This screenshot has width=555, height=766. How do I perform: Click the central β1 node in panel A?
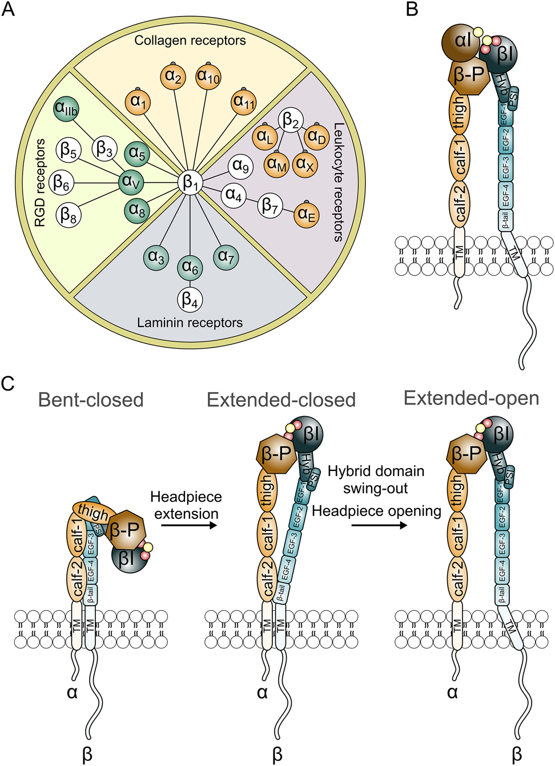pyautogui.click(x=190, y=183)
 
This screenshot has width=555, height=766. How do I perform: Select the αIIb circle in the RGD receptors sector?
pyautogui.click(x=66, y=108)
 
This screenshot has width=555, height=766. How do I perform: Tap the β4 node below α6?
pyautogui.click(x=190, y=299)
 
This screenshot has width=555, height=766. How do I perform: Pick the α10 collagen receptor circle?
pyautogui.click(x=208, y=76)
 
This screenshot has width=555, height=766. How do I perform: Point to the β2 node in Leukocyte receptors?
pyautogui.click(x=291, y=121)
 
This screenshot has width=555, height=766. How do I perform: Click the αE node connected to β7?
pyautogui.click(x=307, y=215)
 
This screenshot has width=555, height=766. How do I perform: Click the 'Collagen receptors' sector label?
pyautogui.click(x=190, y=41)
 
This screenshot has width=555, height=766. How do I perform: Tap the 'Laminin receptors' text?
pyautogui.click(x=190, y=322)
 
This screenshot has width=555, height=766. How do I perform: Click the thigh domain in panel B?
pyautogui.click(x=459, y=111)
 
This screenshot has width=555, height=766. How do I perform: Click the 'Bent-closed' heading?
pyautogui.click(x=91, y=400)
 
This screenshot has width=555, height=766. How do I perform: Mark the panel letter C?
pyautogui.click(x=8, y=383)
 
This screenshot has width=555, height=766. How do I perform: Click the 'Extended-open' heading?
pyautogui.click(x=471, y=398)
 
